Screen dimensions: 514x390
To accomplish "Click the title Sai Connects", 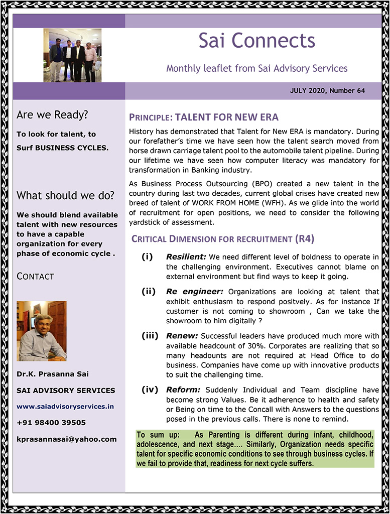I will coord(256,41).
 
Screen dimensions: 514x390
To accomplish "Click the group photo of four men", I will coord(72,55).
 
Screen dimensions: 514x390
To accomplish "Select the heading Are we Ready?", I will coord(52,115).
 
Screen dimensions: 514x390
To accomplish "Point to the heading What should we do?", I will coord(65,195).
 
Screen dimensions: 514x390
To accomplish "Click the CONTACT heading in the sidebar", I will coord(35,276).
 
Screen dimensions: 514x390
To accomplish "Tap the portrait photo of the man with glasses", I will coord(41,331).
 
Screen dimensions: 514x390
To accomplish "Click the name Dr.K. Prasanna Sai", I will coord(53,374).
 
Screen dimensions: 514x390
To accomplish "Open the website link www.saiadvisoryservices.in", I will coord(65,406).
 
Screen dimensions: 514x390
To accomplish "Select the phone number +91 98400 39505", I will coord(51,423).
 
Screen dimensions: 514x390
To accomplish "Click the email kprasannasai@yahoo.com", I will coord(66,439).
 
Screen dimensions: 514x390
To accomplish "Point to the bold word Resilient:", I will coord(186,257).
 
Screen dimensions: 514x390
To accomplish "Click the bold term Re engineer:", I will coord(195,292).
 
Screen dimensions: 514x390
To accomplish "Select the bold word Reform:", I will coord(184,389).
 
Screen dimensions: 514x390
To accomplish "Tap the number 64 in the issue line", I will coord(360,91).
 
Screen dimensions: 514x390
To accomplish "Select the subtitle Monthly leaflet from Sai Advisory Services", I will coord(256,68).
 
